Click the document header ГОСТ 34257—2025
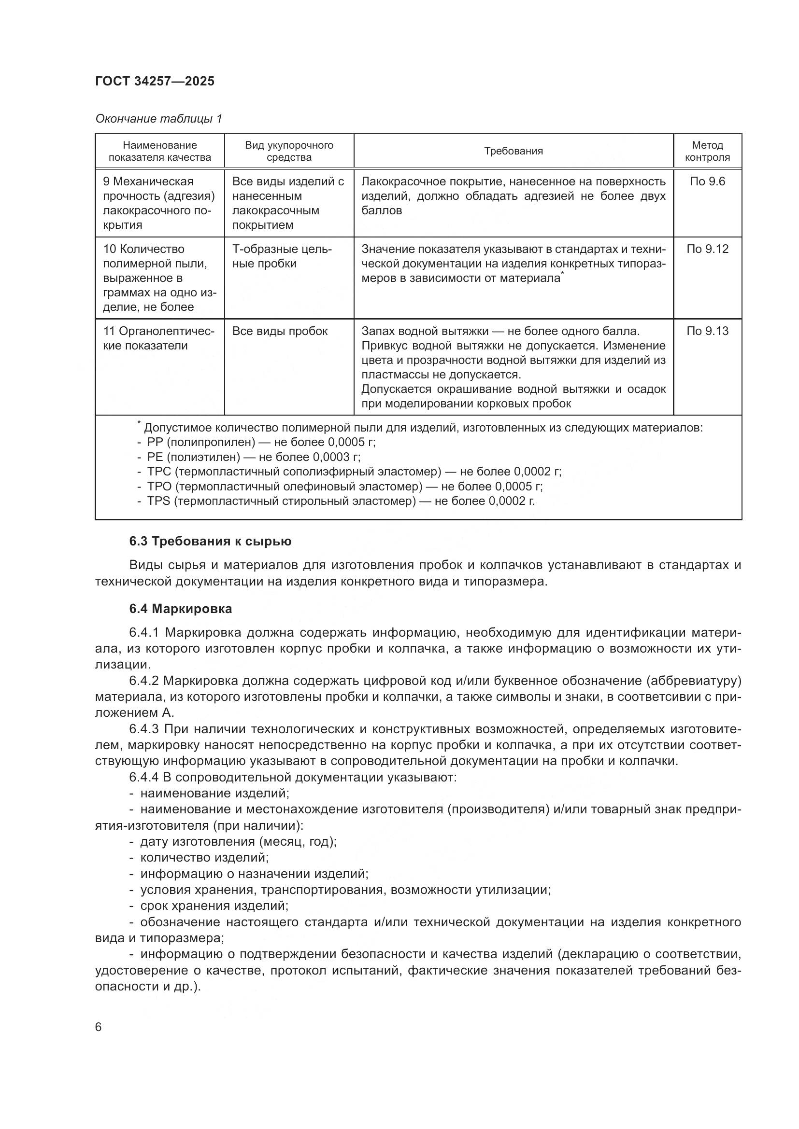(x=155, y=81)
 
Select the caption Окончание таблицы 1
(x=158, y=119)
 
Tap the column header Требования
(x=513, y=151)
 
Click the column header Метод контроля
(x=707, y=151)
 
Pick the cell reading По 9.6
(x=707, y=181)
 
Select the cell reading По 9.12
(x=707, y=249)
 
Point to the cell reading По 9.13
(x=707, y=331)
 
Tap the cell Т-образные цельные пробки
(x=282, y=256)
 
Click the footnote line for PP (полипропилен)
(x=261, y=442)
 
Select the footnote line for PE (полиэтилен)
(x=254, y=457)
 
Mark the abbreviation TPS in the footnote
(x=158, y=501)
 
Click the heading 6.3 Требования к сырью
(x=210, y=542)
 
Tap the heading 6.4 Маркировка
(x=181, y=609)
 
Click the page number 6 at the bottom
(x=99, y=1027)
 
